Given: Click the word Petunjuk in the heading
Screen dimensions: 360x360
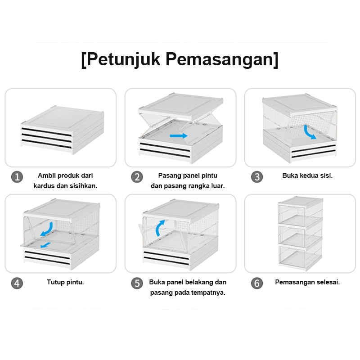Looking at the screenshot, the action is click(x=122, y=59).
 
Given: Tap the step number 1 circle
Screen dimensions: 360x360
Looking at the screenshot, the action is click(x=17, y=177).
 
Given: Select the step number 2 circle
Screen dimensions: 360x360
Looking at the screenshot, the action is click(x=137, y=177).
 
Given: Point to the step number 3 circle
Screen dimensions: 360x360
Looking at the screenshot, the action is click(x=256, y=177).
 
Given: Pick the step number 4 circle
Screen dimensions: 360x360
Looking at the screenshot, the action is click(x=17, y=283).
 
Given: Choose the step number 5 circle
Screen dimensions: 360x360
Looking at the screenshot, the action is click(x=137, y=283).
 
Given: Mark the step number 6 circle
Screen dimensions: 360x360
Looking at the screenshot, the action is click(x=256, y=283).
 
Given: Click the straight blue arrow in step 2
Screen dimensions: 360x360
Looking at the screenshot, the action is click(x=179, y=135).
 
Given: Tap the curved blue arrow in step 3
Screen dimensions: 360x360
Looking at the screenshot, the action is click(x=309, y=132).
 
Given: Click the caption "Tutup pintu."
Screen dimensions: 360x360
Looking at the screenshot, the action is click(x=65, y=283).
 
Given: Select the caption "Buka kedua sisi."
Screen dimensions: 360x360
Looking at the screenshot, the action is click(x=307, y=175).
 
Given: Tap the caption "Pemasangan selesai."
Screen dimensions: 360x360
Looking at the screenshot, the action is click(x=307, y=283).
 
